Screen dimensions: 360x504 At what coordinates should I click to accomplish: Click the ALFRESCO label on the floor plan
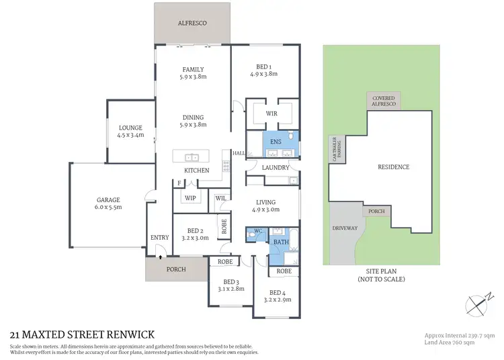click(x=192, y=23)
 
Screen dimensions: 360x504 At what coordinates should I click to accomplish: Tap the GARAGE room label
click(x=108, y=199)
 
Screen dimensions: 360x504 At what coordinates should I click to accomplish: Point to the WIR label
click(x=271, y=114)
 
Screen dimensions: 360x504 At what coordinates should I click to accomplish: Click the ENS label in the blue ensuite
click(x=276, y=142)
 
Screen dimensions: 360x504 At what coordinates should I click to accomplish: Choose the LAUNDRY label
click(x=275, y=167)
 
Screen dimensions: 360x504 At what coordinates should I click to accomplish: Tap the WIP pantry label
click(x=190, y=198)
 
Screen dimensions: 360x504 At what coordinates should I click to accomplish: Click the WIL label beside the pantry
click(x=220, y=198)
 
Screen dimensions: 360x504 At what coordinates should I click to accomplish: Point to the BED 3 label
click(x=231, y=281)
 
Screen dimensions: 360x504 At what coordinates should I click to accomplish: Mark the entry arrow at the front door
click(x=160, y=254)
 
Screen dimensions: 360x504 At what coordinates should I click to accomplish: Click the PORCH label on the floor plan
click(x=175, y=269)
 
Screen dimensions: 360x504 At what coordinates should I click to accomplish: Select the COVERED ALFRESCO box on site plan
click(x=384, y=101)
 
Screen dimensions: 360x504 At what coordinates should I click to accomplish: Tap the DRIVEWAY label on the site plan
click(x=345, y=228)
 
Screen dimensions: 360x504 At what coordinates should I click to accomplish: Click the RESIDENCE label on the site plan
click(x=393, y=167)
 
